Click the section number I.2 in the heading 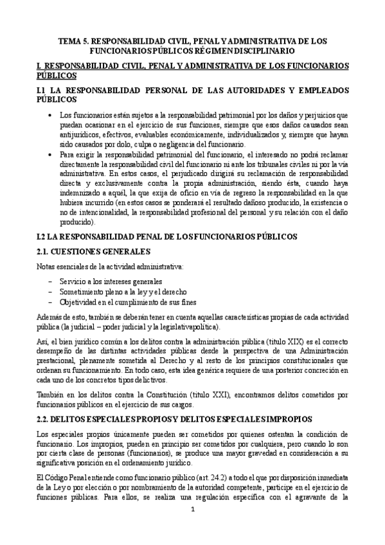click(x=44, y=219)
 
